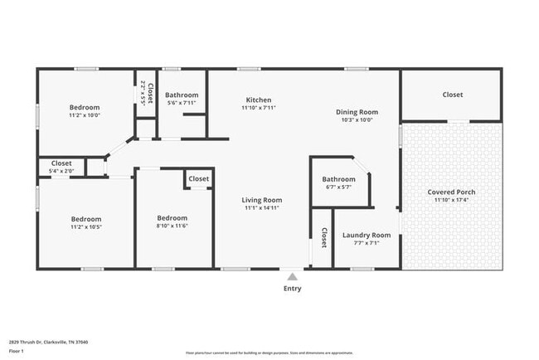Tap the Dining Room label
[x=357, y=112]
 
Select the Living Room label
[x=262, y=200]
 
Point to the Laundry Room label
[x=366, y=236]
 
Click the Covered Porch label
[x=451, y=192]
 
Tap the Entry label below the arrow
[x=292, y=289]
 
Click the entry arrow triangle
[x=292, y=276]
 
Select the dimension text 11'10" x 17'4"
[x=451, y=200]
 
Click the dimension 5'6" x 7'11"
[x=182, y=103]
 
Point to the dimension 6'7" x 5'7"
[x=338, y=187]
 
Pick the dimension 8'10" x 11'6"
[x=172, y=226]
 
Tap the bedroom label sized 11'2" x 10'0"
[x=85, y=107]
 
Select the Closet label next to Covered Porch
[x=452, y=95]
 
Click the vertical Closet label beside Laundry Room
[x=323, y=238]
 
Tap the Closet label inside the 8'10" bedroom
[x=198, y=178]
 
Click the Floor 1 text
[x=17, y=351]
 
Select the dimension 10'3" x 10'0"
[x=357, y=119]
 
